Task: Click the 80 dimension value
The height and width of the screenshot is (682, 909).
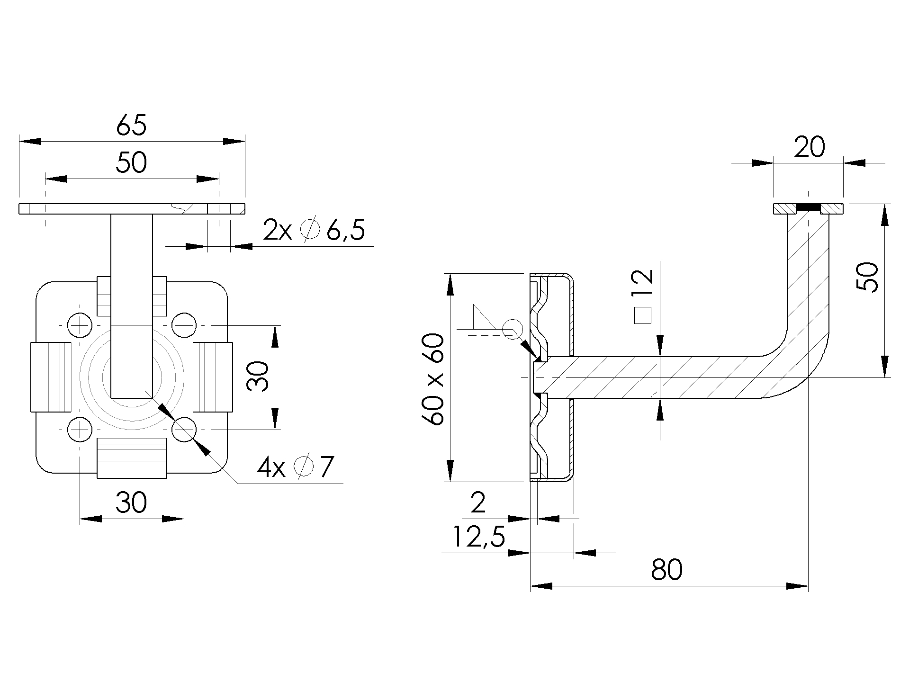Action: (666, 570)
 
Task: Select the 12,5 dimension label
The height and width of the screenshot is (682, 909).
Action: (478, 537)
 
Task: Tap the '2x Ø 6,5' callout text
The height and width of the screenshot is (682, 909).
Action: (314, 231)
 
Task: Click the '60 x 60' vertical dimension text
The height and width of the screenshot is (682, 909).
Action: (435, 379)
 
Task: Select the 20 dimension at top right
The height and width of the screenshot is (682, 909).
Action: (809, 148)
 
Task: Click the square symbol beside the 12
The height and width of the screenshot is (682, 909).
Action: (643, 315)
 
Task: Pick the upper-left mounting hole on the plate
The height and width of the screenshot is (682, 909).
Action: (80, 325)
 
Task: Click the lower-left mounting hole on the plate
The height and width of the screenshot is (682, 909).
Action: (80, 430)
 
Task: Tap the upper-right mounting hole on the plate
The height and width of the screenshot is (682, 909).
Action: (184, 325)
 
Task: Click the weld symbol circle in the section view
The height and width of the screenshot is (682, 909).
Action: (512, 329)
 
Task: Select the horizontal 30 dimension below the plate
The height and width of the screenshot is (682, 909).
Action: (131, 503)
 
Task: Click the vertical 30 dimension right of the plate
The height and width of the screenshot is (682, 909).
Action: (258, 377)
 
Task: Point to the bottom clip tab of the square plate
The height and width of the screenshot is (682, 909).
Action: (132, 458)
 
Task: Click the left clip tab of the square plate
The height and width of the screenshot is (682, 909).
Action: (51, 377)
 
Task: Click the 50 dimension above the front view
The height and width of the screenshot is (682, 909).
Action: (131, 163)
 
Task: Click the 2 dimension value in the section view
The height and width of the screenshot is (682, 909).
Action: (478, 503)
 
